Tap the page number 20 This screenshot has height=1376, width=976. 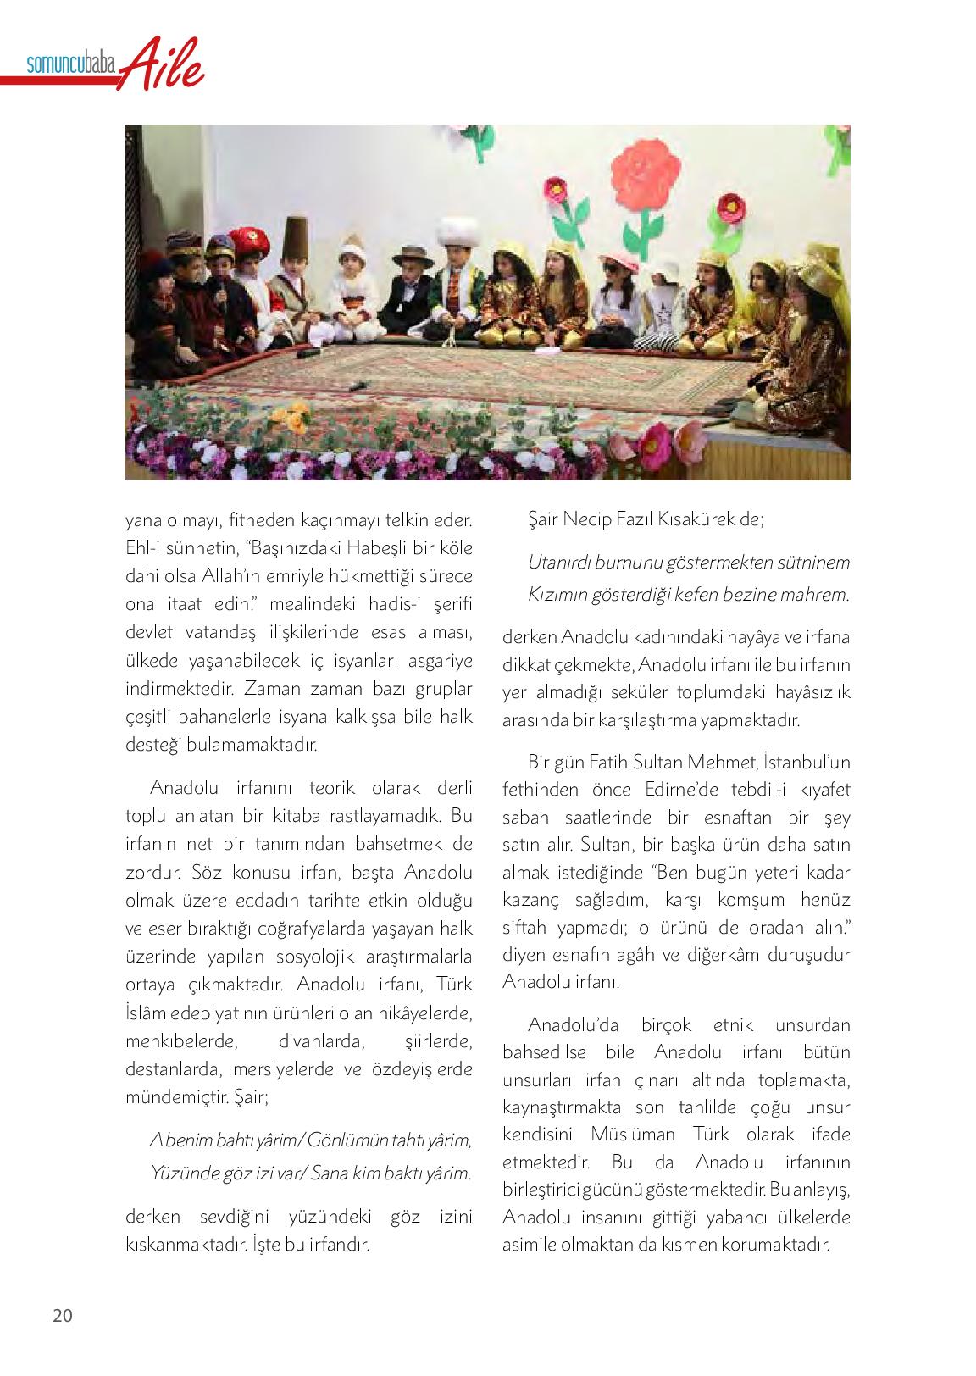click(63, 1315)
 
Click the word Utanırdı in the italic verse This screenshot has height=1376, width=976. click(560, 562)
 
